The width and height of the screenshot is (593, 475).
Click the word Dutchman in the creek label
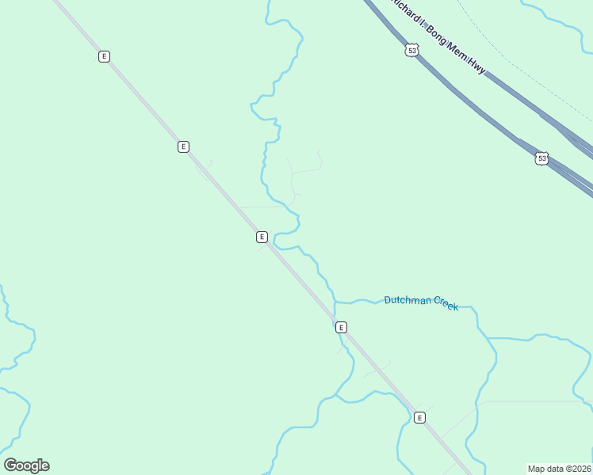407,301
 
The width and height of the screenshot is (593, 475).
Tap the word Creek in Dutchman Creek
445,306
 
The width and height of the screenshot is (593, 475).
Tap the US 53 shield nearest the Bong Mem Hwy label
411,51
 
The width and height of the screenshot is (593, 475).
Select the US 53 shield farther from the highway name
541,158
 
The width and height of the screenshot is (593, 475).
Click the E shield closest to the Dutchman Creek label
341,327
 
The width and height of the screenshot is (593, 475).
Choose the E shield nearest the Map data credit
419,417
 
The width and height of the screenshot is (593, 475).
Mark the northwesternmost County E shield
104,56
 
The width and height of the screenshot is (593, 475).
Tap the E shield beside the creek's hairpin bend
261,237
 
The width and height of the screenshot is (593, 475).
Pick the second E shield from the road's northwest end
183,146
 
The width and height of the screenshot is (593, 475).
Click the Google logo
26,465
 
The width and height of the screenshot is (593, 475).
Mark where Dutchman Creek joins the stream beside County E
335,302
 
